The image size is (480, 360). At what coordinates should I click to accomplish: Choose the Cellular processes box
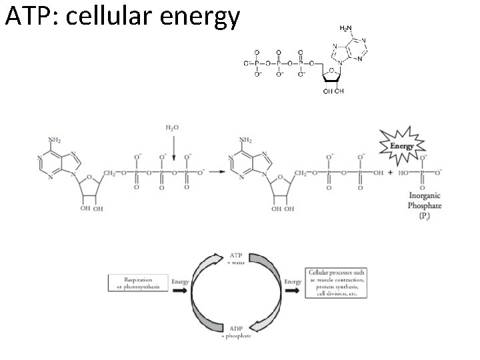pyautogui.click(x=339, y=283)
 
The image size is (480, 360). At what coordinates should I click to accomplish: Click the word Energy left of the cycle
pyautogui.click(x=179, y=282)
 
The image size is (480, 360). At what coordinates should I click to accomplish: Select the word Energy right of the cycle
pyautogui.click(x=293, y=282)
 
